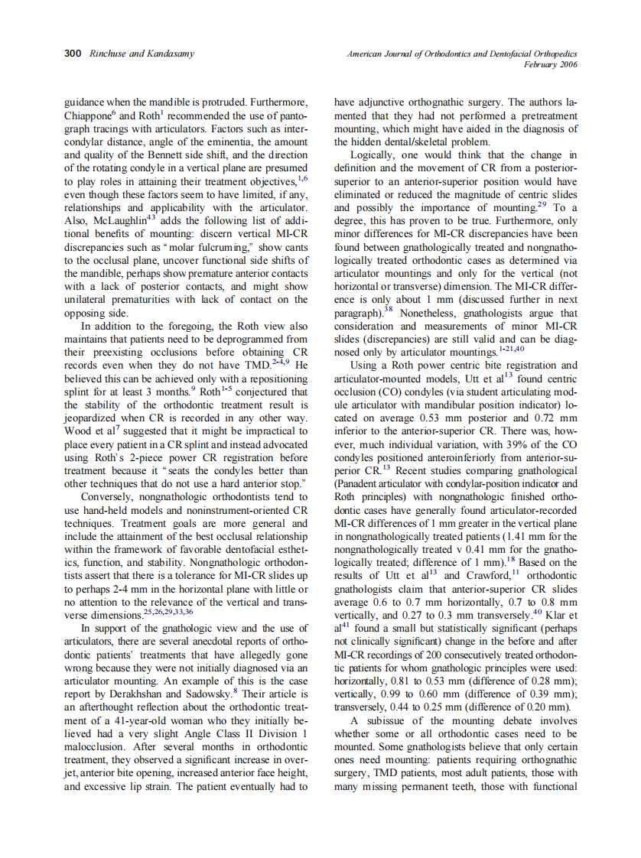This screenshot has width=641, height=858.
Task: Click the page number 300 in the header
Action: (x=73, y=54)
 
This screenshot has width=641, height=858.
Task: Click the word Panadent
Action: (x=362, y=483)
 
